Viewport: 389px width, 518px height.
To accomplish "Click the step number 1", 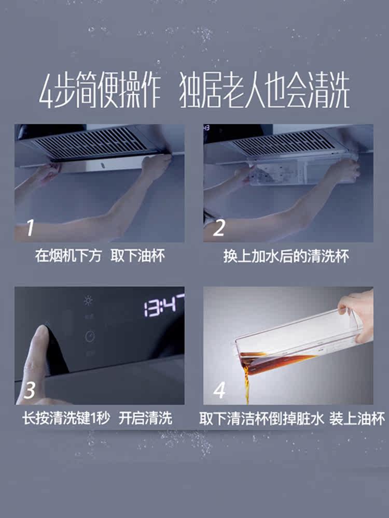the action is (30, 227).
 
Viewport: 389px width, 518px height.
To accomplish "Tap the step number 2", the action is (219, 227).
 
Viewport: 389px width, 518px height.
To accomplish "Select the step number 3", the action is (30, 390).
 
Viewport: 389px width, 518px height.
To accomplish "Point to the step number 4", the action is (219, 390).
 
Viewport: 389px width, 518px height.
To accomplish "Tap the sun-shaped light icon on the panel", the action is (88, 300).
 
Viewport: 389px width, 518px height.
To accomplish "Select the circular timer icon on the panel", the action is (90, 337).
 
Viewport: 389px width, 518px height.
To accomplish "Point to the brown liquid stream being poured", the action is (246, 383).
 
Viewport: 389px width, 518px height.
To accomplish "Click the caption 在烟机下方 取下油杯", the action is (100, 256).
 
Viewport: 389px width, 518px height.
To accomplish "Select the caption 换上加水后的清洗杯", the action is (286, 256).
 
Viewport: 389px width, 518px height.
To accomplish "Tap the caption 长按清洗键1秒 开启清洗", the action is (98, 418).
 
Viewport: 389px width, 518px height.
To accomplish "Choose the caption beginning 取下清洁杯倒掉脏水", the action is (292, 419).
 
